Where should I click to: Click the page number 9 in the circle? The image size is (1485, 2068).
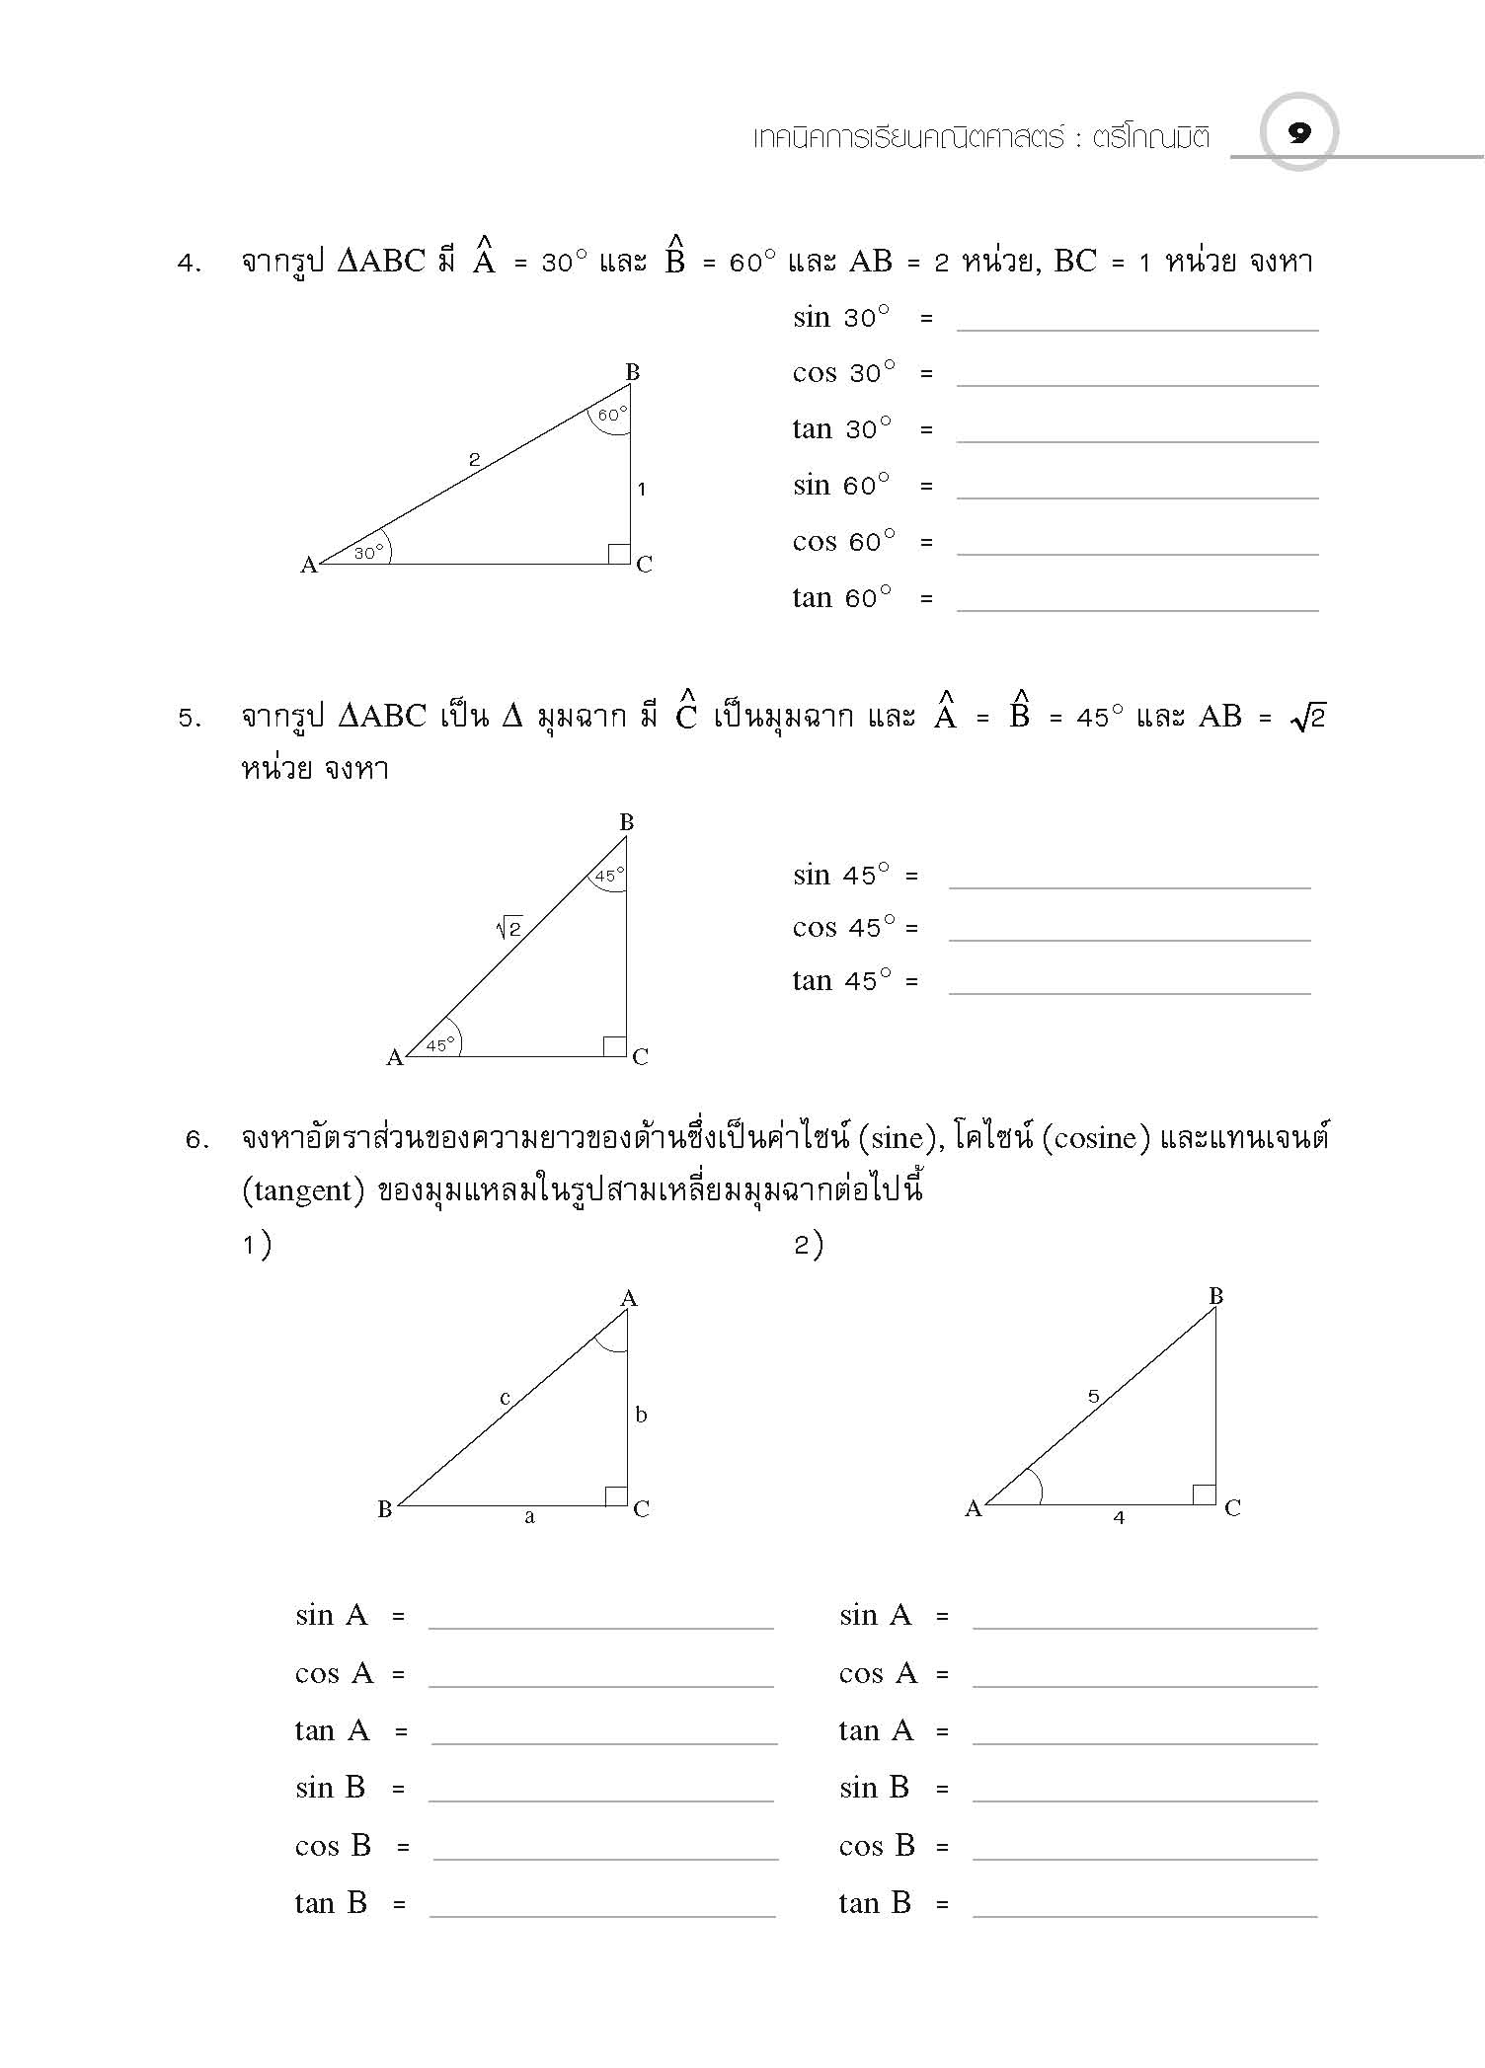[1299, 132]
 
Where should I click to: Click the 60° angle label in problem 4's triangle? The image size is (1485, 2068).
[612, 416]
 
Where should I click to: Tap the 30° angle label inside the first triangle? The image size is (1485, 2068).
[368, 553]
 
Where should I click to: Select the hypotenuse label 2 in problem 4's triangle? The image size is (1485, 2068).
[474, 459]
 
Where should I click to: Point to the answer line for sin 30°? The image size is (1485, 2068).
[1136, 328]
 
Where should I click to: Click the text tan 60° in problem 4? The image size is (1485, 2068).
[841, 598]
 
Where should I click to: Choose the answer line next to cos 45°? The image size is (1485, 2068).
[1130, 938]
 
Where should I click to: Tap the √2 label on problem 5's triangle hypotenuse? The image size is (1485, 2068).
[508, 928]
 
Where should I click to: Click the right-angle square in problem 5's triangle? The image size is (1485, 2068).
[614, 1046]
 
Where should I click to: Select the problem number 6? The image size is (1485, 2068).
[196, 1140]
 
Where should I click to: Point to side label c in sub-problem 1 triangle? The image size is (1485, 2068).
[505, 1398]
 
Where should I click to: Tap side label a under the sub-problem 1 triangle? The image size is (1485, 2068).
[529, 1517]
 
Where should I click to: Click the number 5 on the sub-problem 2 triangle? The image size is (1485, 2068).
[1093, 1396]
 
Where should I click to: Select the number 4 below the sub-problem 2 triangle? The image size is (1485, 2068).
[1119, 1517]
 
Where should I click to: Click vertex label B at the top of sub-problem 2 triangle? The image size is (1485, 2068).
[1216, 1296]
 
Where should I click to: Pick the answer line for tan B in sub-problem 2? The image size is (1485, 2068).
[1144, 1915]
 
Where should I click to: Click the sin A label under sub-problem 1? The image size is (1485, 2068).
[331, 1616]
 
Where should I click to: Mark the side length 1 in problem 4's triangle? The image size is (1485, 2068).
[642, 488]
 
